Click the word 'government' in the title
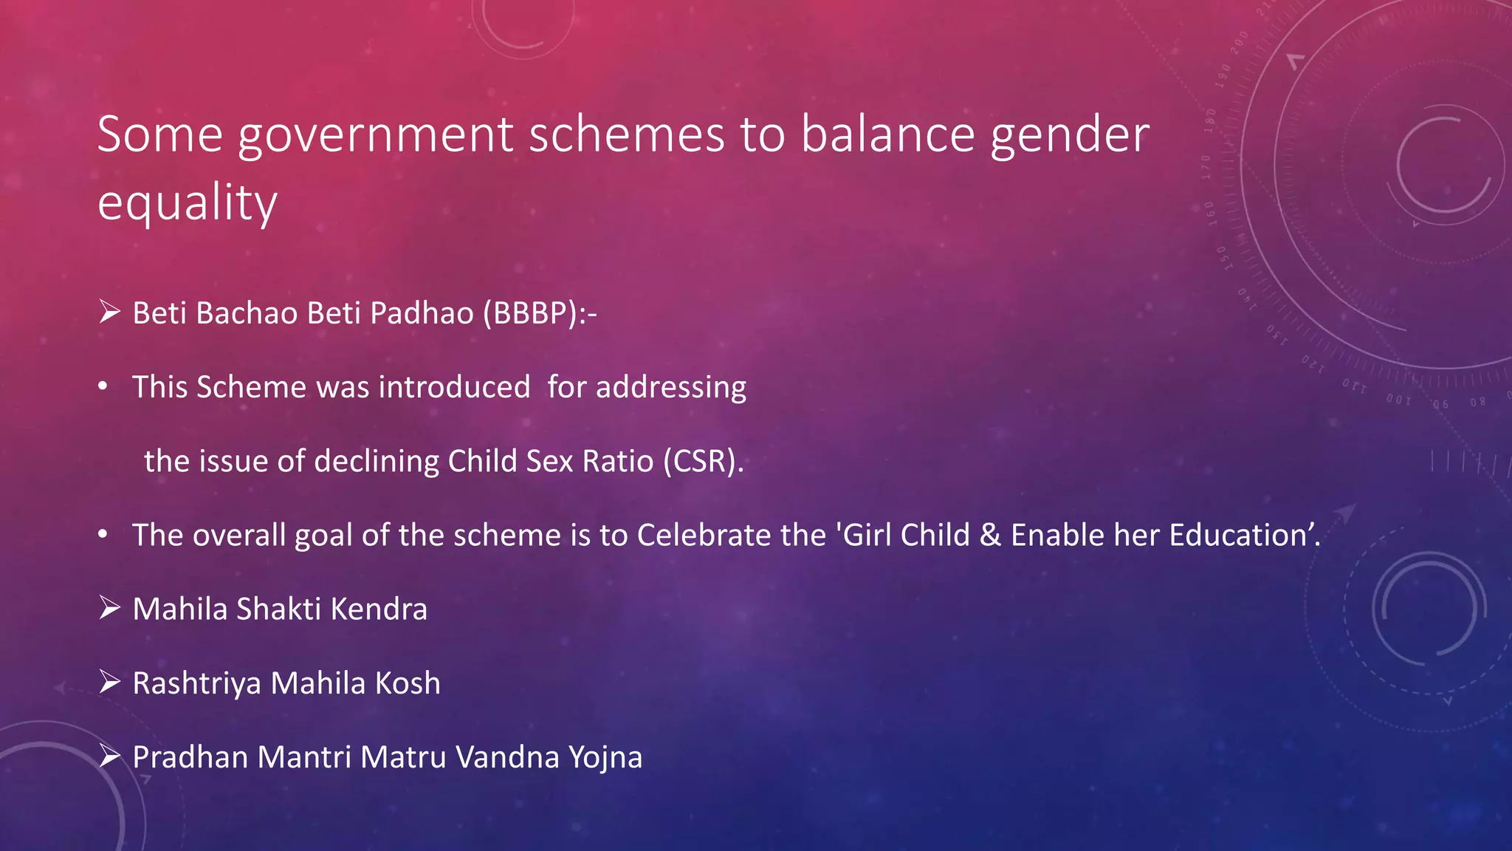pos(375,135)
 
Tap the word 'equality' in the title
pos(188,202)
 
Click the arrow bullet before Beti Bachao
pos(109,312)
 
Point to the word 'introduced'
pos(454,387)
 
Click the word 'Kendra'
pos(379,609)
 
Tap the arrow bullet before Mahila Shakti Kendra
pos(109,608)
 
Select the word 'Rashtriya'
pos(196,683)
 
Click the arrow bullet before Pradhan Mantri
pos(109,756)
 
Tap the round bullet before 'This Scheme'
pos(103,386)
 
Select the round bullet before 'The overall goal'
pos(103,534)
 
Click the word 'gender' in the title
pos(1070,135)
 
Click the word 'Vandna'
pos(507,757)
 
